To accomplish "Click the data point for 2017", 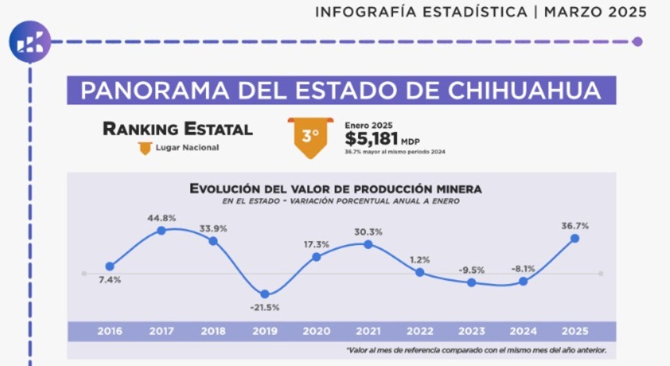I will (x=161, y=230).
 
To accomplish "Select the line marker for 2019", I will (x=265, y=293).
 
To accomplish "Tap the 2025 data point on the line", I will (x=575, y=238).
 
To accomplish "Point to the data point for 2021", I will (x=368, y=244).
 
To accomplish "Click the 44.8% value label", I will (x=161, y=218).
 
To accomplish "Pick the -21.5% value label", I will (x=265, y=307).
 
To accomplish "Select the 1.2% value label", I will (x=420, y=259).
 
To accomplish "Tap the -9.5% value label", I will (x=471, y=270).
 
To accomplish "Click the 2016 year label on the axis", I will (x=109, y=331).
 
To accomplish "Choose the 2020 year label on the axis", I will (x=317, y=331).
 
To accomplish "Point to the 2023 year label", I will (x=471, y=331).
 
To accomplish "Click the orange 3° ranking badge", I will (x=310, y=136).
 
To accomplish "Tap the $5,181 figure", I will (x=372, y=139).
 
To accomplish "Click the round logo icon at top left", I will (x=30, y=42).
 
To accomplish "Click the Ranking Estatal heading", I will (x=178, y=129).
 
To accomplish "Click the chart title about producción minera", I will (x=335, y=189).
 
